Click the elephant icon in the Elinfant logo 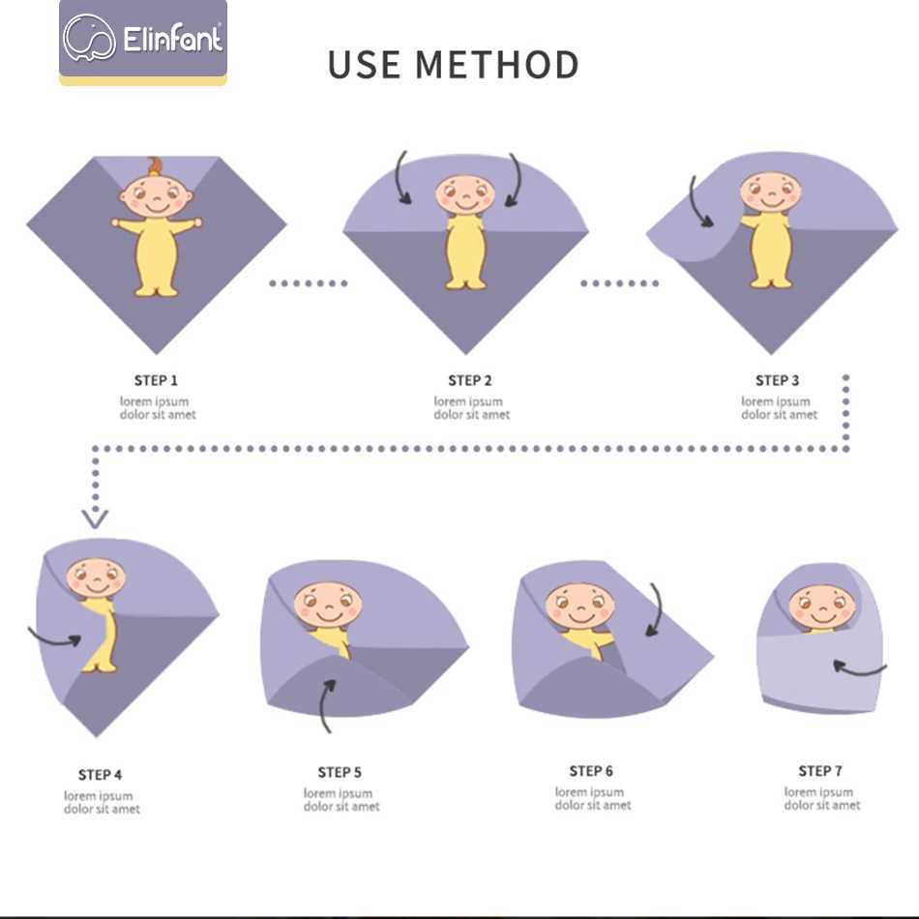[x=89, y=38]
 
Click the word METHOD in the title [x=497, y=65]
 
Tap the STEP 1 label [x=156, y=380]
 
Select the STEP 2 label [x=470, y=380]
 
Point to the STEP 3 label [x=777, y=380]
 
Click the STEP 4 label [x=101, y=775]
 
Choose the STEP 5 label [x=340, y=773]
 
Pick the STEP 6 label [x=591, y=771]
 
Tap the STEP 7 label [x=820, y=771]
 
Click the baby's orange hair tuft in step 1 [x=155, y=165]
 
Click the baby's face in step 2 [x=464, y=194]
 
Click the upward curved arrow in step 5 [x=323, y=703]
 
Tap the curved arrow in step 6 [x=658, y=609]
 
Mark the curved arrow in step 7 [x=859, y=670]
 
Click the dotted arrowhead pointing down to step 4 [x=95, y=519]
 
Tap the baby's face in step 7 [x=822, y=608]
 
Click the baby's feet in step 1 [x=155, y=289]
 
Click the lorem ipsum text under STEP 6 [x=593, y=799]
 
